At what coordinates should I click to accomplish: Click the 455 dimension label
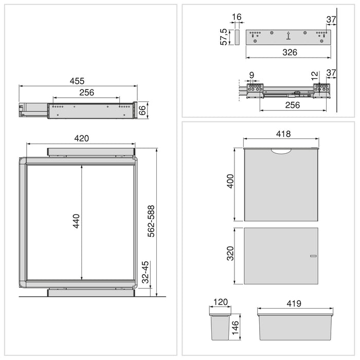tap(77, 81)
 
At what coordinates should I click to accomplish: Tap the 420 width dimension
tap(82, 138)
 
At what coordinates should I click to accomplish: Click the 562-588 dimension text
tap(151, 221)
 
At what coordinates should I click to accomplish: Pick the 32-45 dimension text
tap(146, 272)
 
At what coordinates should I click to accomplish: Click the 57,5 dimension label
tap(224, 37)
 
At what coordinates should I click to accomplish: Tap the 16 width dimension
tap(237, 17)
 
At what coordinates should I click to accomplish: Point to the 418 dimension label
tap(283, 134)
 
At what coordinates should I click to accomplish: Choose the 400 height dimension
tap(230, 182)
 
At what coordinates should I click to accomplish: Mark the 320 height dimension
tap(230, 254)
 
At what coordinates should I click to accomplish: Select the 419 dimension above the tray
tap(294, 303)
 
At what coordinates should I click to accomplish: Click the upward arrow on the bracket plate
tap(288, 35)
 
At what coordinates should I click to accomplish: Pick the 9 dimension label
tap(251, 75)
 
